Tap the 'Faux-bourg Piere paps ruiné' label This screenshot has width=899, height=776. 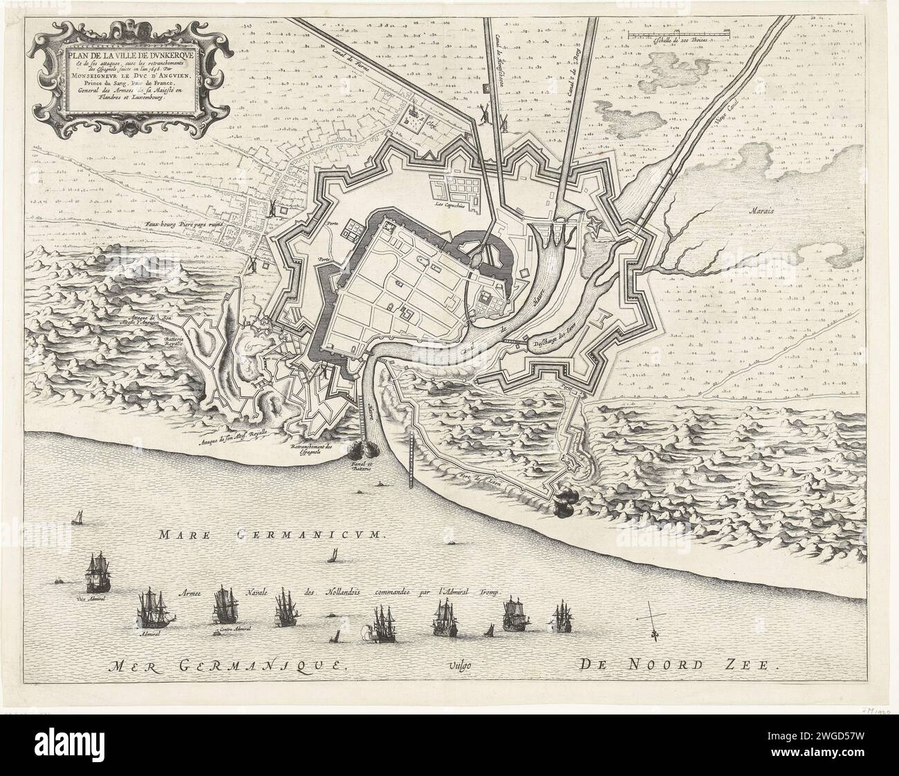[183, 225]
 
